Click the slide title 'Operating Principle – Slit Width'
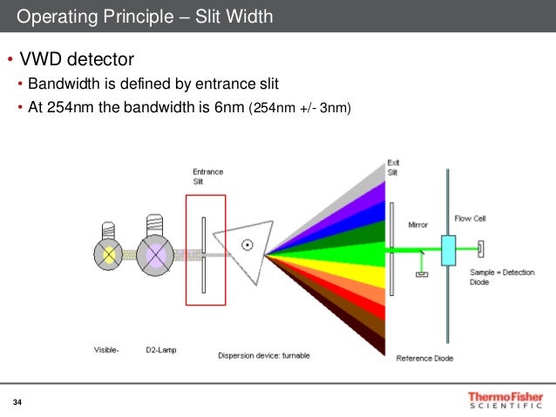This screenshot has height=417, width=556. coord(144,17)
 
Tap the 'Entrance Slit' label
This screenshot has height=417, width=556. coord(207,176)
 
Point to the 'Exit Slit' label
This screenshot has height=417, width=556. coord(393,168)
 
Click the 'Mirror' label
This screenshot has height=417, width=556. coord(418,225)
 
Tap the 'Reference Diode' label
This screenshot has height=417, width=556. coord(424,358)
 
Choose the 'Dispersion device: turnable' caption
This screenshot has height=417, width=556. coord(262,354)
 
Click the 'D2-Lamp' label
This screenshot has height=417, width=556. coord(161,351)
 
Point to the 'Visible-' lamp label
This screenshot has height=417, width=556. coord(107,351)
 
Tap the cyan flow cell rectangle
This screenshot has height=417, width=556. coord(449,250)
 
